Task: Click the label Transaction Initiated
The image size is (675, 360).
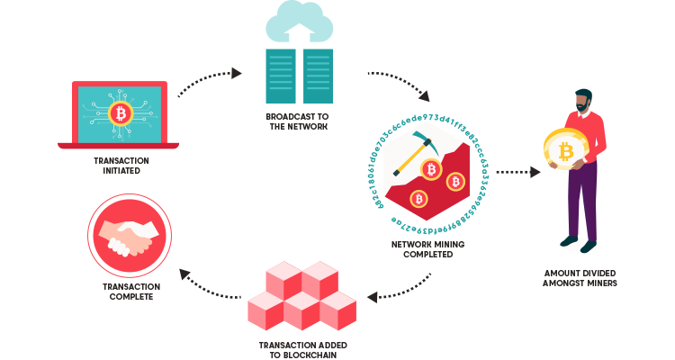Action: click(x=119, y=166)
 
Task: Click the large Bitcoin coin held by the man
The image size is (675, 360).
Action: click(x=566, y=151)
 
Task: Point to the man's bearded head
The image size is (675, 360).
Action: click(x=583, y=101)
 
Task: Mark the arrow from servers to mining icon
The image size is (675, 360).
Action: click(x=398, y=83)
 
